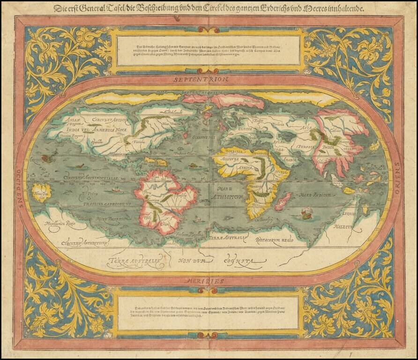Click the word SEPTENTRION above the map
click(200, 80)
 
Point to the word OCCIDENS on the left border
click(19, 182)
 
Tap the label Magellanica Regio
click(57, 224)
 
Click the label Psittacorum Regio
click(275, 240)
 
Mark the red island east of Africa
click(283, 202)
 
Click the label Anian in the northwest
click(71, 120)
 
